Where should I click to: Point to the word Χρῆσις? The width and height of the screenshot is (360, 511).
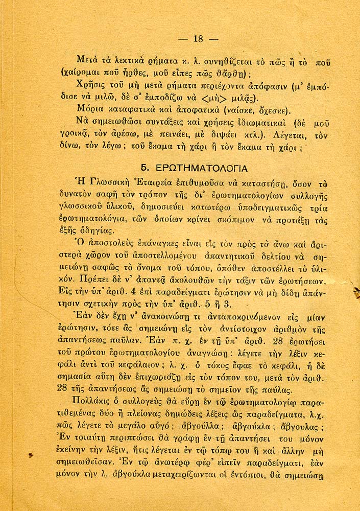(x=90, y=84)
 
